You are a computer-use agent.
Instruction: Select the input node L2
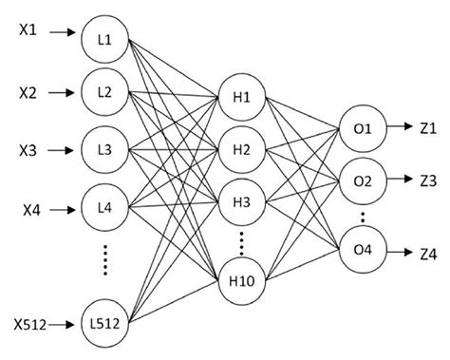click(x=104, y=92)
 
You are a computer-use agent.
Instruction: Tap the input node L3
click(x=104, y=149)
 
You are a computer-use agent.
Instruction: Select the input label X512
click(x=30, y=326)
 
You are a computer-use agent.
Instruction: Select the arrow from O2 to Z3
click(x=396, y=179)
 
